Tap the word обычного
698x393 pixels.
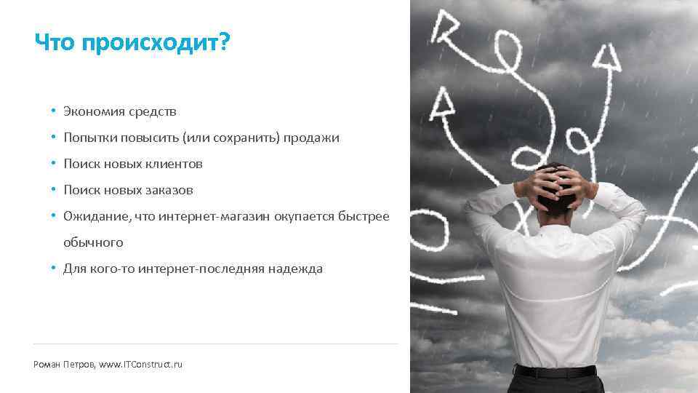(93, 242)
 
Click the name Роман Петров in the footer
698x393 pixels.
(63, 363)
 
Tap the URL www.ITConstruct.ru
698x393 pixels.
(140, 363)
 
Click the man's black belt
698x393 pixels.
(555, 371)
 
